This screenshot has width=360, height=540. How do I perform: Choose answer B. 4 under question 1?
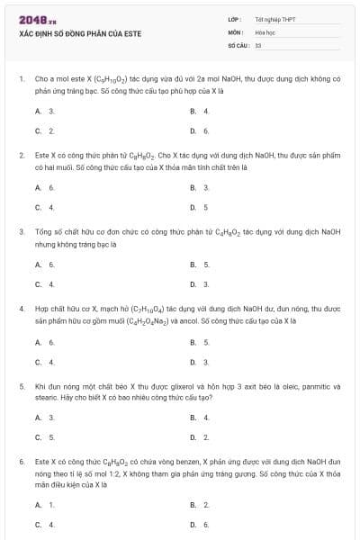coord(200,111)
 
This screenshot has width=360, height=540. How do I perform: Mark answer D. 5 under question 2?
coord(200,207)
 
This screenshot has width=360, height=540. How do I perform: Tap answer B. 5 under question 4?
coord(200,341)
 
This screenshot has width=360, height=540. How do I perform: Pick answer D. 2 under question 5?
coord(200,437)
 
